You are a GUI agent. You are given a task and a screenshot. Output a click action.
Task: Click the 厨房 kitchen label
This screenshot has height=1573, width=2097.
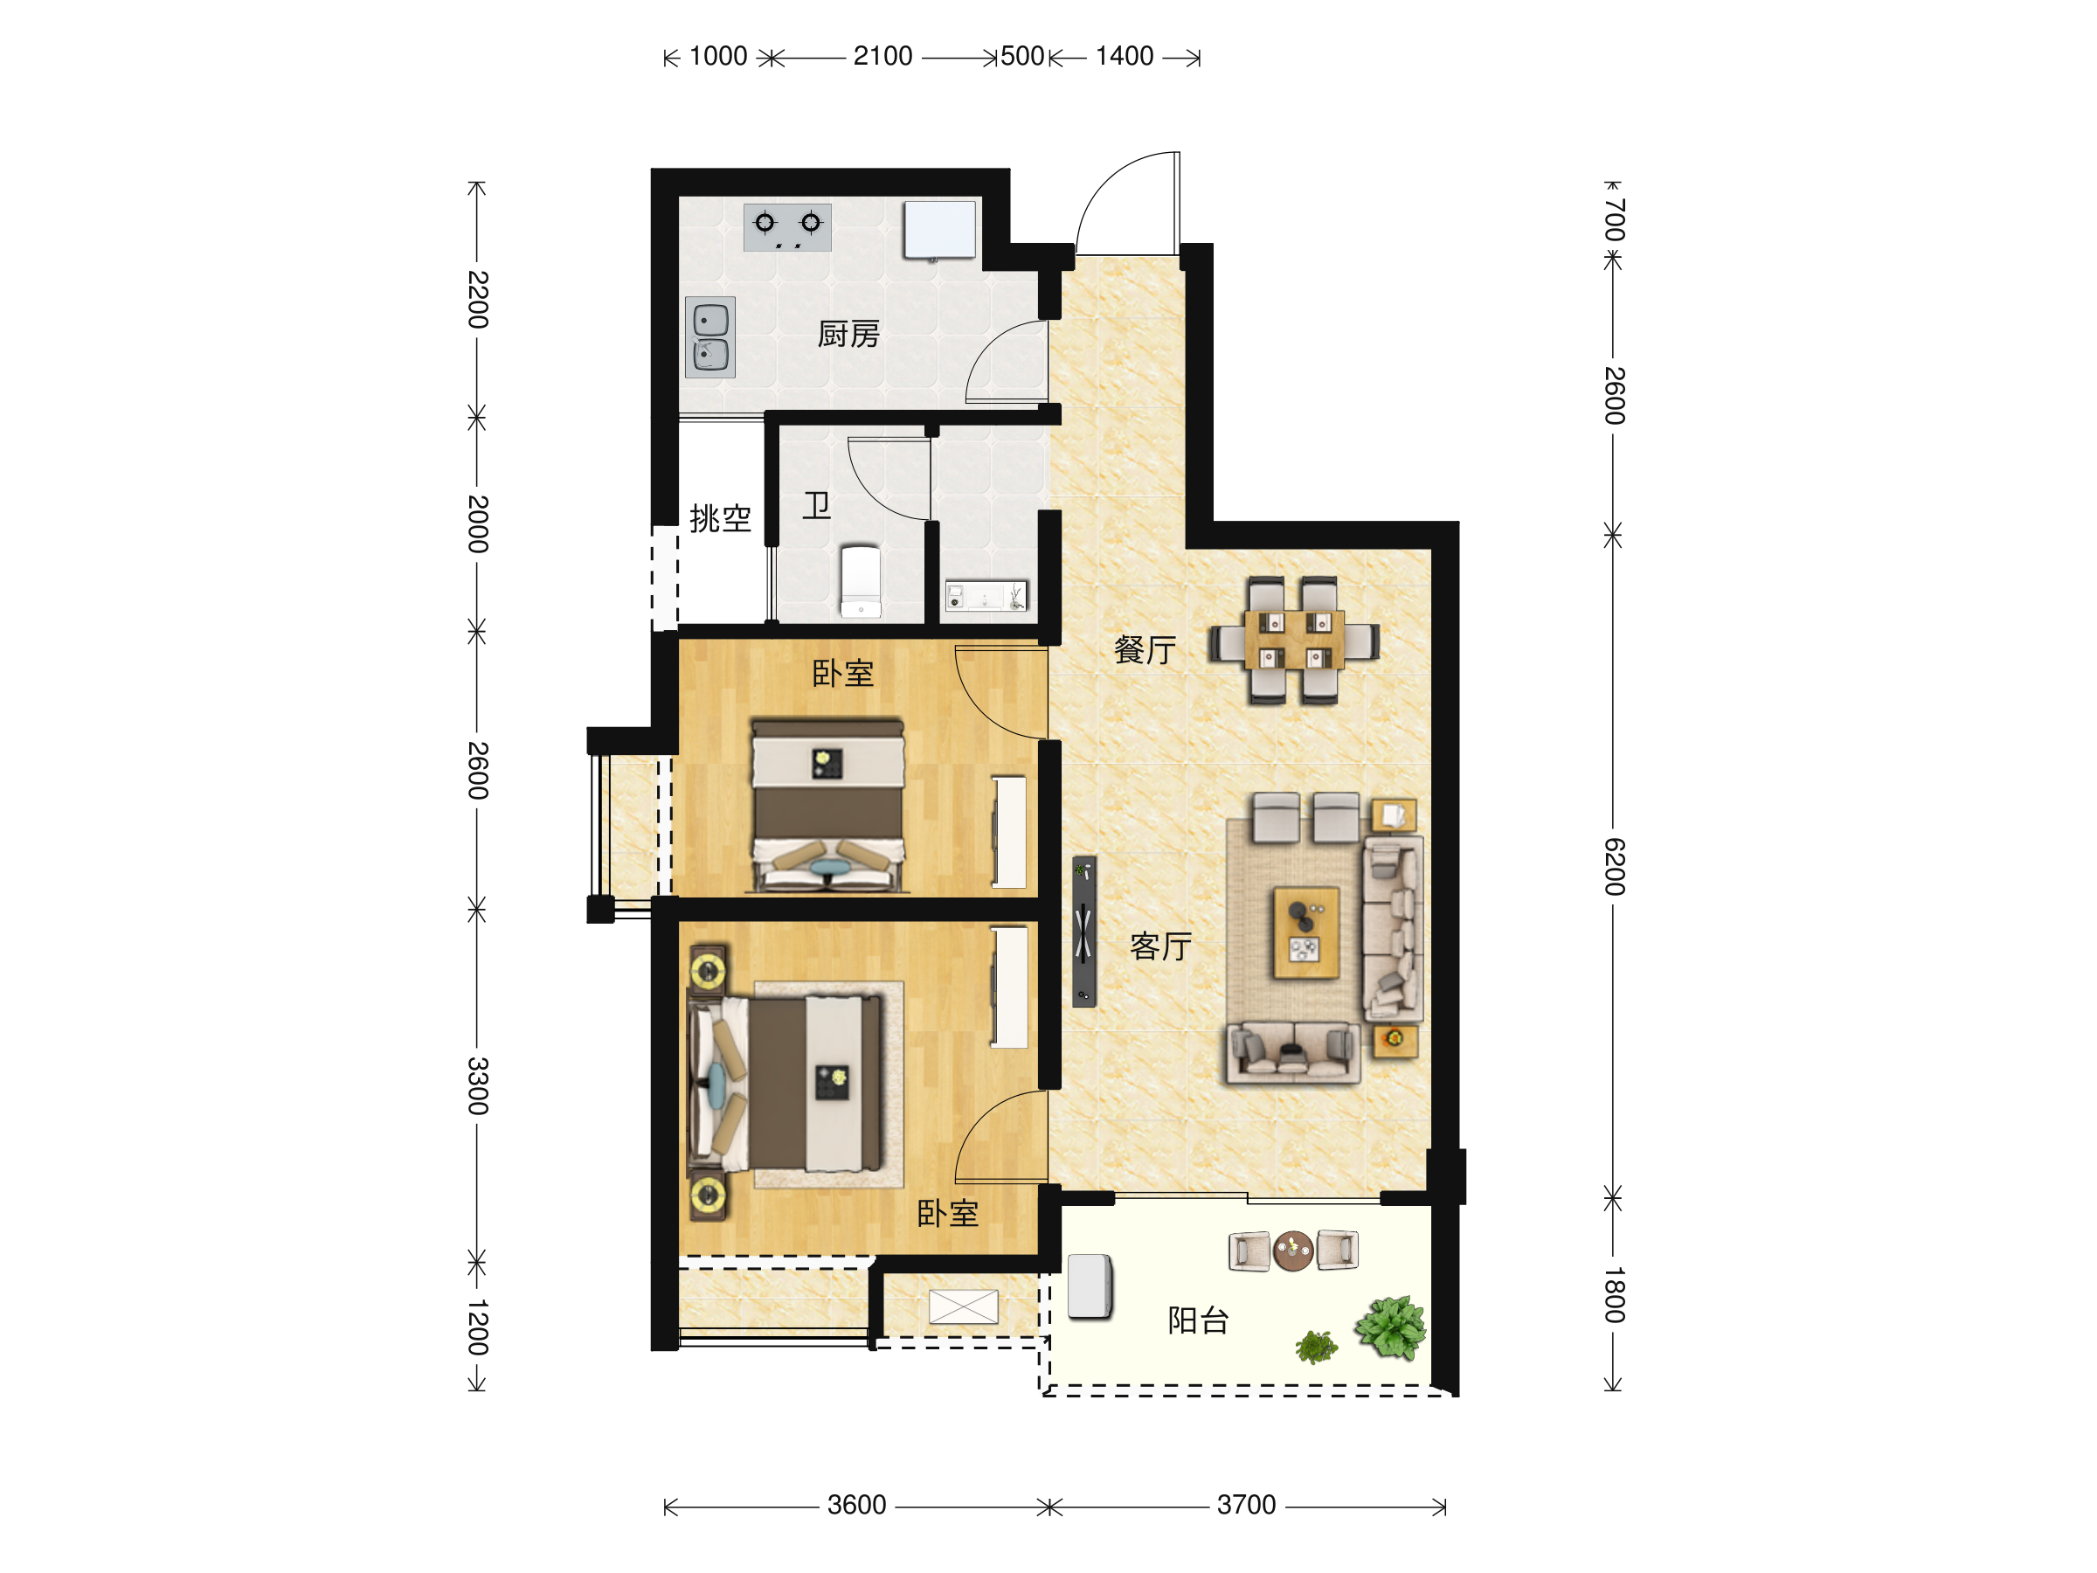(x=848, y=334)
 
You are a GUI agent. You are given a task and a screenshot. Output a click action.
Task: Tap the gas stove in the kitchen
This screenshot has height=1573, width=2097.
(x=787, y=227)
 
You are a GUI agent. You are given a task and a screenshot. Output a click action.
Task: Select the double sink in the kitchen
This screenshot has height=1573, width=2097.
(x=710, y=337)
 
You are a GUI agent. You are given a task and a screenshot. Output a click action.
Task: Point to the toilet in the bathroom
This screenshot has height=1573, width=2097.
(x=861, y=581)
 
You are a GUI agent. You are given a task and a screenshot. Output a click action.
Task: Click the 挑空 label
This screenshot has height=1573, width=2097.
(x=721, y=518)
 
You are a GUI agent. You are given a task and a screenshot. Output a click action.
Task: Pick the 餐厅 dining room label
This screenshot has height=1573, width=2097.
(x=1145, y=649)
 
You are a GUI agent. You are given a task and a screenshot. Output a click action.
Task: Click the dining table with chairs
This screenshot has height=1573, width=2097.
(x=1294, y=641)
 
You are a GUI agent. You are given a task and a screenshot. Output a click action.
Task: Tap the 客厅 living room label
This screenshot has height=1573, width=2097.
(x=1161, y=946)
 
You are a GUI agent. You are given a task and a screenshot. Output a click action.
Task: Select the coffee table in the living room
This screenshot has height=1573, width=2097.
(x=1306, y=933)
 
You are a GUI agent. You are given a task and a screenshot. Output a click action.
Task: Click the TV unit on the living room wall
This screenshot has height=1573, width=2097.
(x=1083, y=931)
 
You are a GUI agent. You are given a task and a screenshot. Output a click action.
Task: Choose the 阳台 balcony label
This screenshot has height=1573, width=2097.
(x=1198, y=1320)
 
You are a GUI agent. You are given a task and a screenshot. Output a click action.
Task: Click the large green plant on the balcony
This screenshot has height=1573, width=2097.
(x=1391, y=1327)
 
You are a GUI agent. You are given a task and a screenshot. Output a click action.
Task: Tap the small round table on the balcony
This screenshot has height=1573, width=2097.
(x=1293, y=1251)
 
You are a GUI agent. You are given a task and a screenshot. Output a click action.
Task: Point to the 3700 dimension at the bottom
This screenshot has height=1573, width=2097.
(x=1246, y=1505)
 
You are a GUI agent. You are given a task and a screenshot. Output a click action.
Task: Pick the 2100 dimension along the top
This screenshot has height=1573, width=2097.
(x=882, y=56)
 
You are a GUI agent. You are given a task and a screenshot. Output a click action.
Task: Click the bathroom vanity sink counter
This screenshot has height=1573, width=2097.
(x=986, y=596)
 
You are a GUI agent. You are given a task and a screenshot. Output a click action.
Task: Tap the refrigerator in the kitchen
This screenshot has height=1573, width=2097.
(x=939, y=230)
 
